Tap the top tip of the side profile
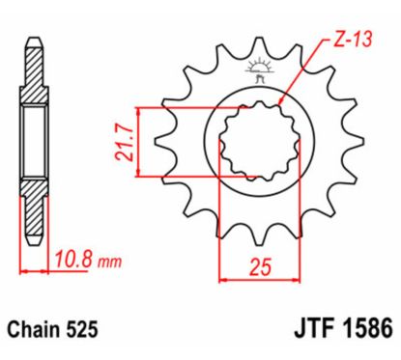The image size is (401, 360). coord(35,43)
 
